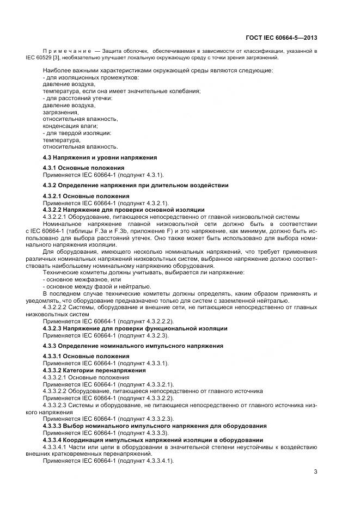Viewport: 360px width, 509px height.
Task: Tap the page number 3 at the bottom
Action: [x=315, y=471]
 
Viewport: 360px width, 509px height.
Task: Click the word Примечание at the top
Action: [x=65, y=51]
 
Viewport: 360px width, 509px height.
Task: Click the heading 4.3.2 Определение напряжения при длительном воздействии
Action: [x=136, y=185]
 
